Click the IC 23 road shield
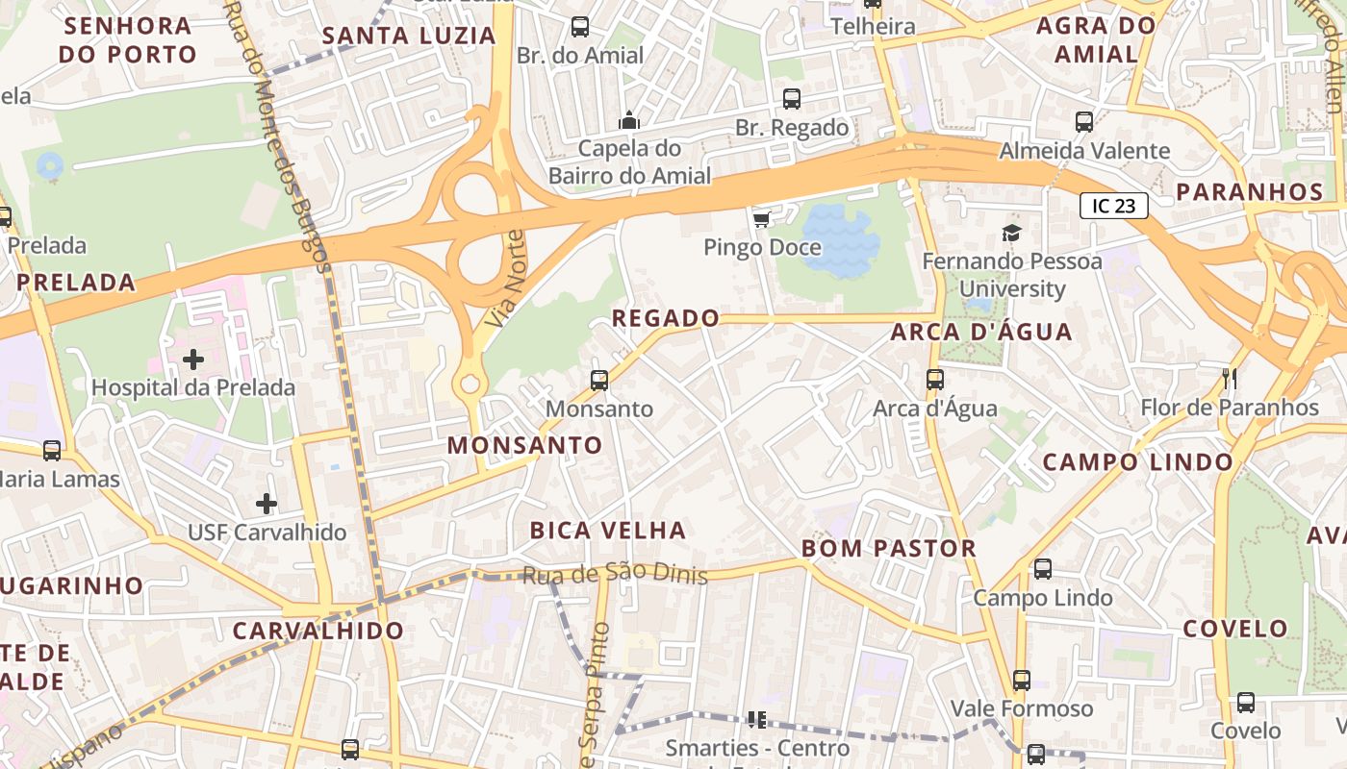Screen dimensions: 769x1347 1114,206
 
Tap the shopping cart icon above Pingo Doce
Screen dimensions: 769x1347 761,220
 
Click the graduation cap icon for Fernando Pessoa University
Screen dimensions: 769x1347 1011,233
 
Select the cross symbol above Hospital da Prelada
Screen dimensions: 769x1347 193,360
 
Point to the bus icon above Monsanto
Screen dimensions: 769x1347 599,381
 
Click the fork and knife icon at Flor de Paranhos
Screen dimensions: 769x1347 1229,378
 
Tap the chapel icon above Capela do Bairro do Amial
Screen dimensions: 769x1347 629,120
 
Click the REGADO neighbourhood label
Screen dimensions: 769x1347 666,318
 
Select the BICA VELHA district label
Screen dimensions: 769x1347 608,530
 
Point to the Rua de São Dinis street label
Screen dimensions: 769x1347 615,575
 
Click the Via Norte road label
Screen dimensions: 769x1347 505,279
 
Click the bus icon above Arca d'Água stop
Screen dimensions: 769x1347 935,380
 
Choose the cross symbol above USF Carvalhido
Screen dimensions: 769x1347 267,503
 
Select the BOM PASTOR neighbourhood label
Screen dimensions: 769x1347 889,549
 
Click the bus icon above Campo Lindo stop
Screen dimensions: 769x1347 1043,569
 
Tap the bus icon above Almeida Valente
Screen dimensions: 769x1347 1084,122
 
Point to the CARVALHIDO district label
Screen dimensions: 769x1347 318,631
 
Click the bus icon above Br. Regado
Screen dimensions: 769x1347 792,99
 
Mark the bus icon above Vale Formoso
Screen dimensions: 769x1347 1022,681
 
